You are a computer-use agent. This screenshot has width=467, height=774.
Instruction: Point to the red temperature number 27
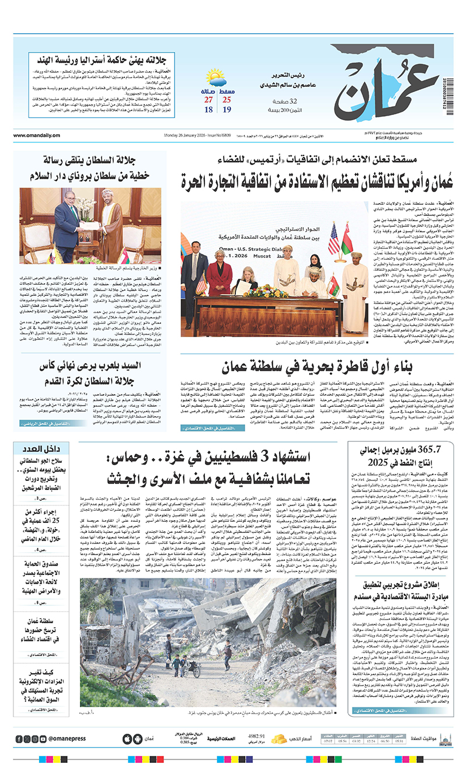(x=208, y=100)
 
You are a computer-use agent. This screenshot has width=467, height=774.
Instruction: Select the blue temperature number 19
(x=226, y=110)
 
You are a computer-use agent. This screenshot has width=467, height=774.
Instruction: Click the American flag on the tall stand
(x=333, y=239)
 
